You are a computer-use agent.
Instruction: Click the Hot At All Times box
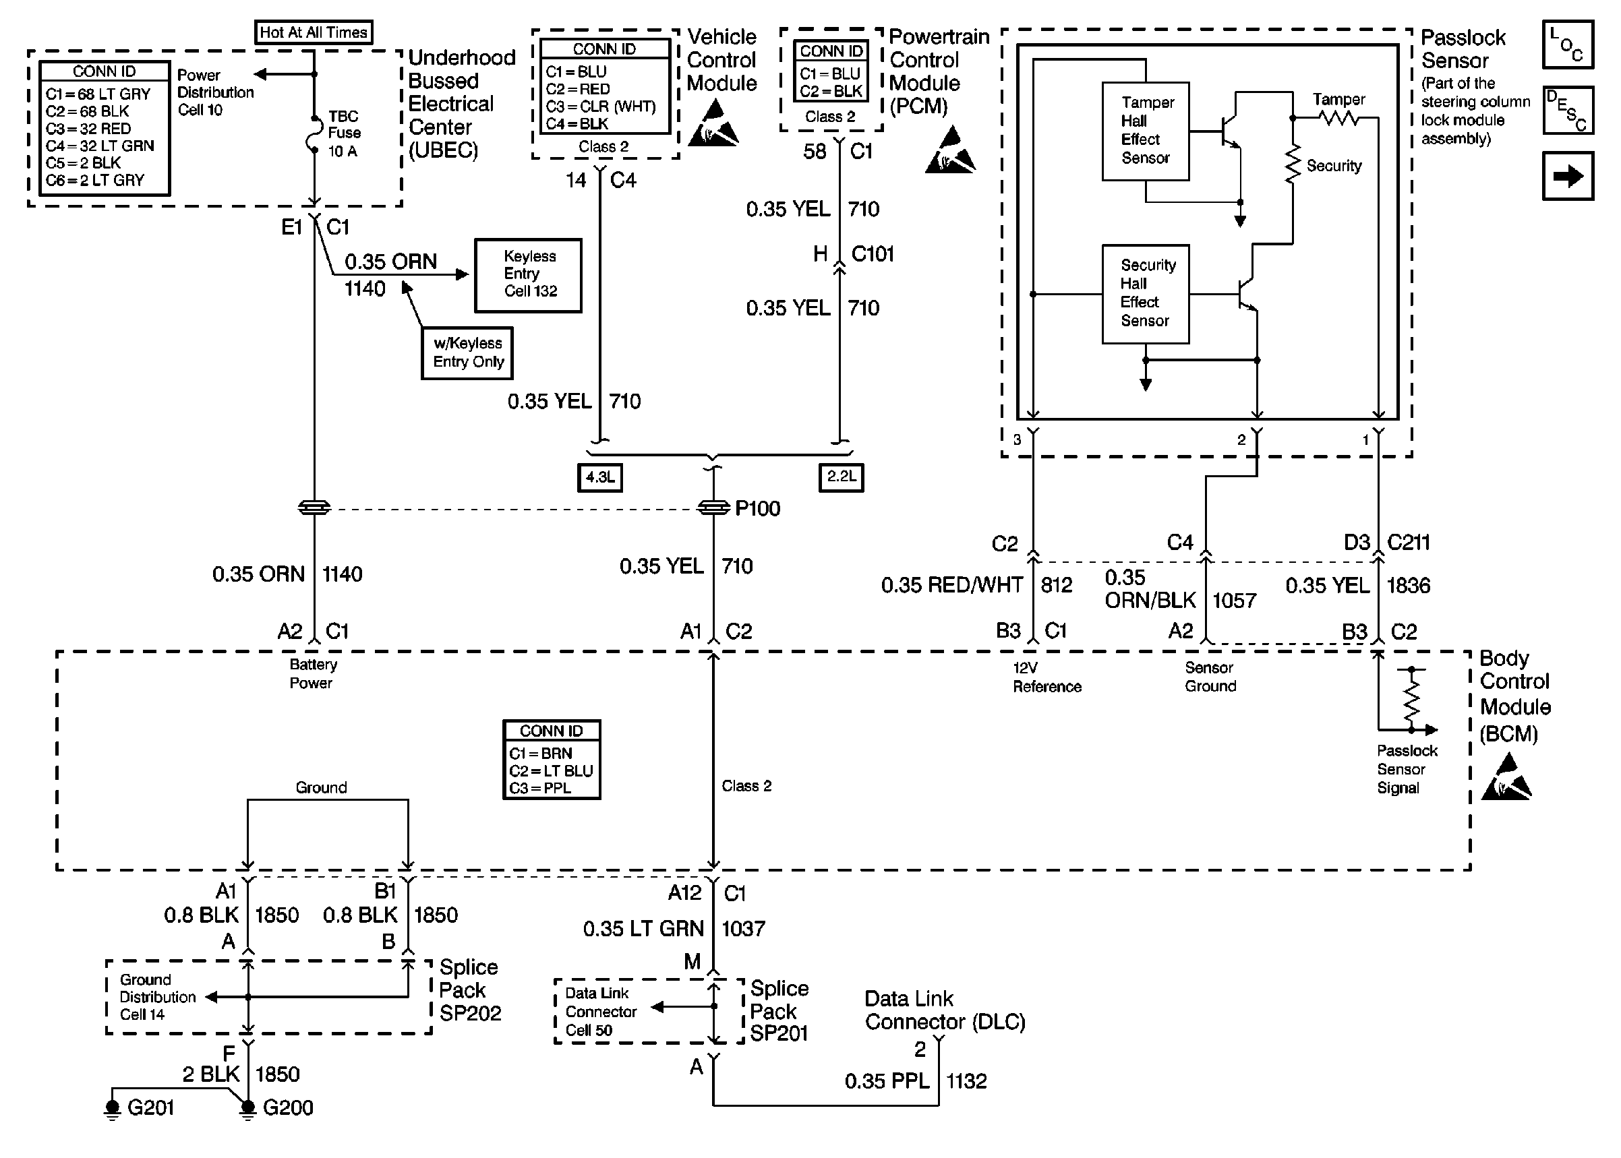coord(314,32)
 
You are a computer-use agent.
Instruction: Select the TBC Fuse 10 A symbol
coord(314,134)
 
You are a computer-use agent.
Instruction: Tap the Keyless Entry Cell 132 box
coord(529,275)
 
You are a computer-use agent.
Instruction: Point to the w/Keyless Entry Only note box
coord(467,353)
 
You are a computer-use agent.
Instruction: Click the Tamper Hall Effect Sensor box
coord(1146,131)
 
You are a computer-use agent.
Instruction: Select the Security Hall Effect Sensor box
coord(1146,294)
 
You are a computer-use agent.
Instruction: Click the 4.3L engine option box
coord(599,477)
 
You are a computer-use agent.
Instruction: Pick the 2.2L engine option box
coord(842,477)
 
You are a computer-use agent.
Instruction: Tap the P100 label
coord(757,508)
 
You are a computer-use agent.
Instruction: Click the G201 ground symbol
coord(113,1108)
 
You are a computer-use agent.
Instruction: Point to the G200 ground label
coord(288,1107)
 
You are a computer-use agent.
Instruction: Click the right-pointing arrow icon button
coord(1568,176)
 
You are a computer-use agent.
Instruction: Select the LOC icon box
coord(1568,45)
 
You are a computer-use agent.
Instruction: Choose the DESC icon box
coord(1568,111)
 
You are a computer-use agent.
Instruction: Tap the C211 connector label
coord(1409,543)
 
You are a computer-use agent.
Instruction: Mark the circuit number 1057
coord(1235,601)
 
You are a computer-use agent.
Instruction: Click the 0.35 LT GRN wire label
coord(643,928)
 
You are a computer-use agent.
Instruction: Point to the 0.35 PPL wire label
coord(887,1081)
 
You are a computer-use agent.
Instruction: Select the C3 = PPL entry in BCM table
coord(540,788)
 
